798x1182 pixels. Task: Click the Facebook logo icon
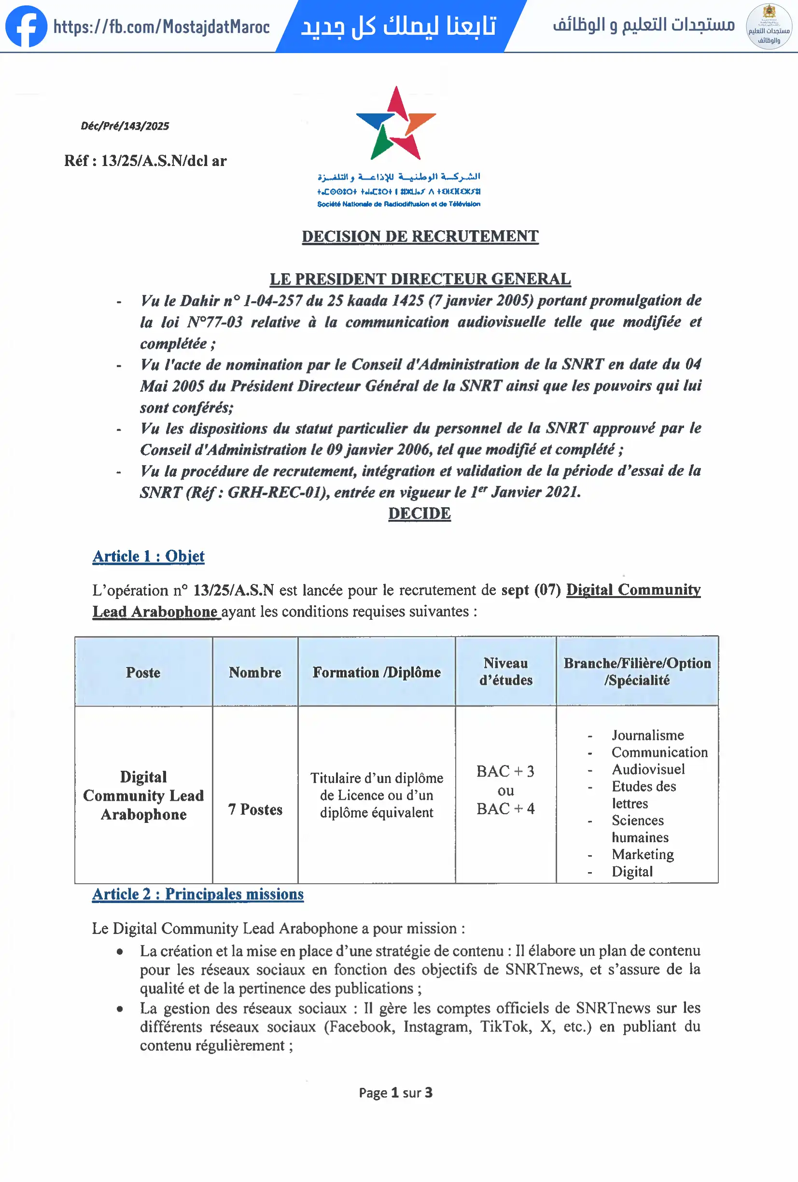tap(26, 27)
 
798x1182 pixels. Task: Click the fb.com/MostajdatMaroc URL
tap(161, 27)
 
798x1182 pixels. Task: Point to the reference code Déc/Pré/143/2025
tap(125, 126)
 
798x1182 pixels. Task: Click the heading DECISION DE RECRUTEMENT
tap(420, 236)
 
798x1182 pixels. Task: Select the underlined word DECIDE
tap(419, 514)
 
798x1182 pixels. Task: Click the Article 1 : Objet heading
tap(149, 556)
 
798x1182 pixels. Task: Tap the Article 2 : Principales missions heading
tap(198, 894)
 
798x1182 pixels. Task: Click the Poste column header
tap(143, 672)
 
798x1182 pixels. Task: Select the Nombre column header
tap(255, 672)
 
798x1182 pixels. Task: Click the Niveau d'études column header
tap(505, 671)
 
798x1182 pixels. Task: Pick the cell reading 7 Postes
tap(255, 809)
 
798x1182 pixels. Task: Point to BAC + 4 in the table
tap(505, 809)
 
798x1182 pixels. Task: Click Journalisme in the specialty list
tap(647, 735)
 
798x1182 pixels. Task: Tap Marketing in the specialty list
tap(643, 854)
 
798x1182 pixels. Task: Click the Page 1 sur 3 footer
tap(396, 1093)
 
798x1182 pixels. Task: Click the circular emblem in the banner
tap(769, 27)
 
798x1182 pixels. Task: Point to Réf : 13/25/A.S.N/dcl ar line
tap(145, 161)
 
